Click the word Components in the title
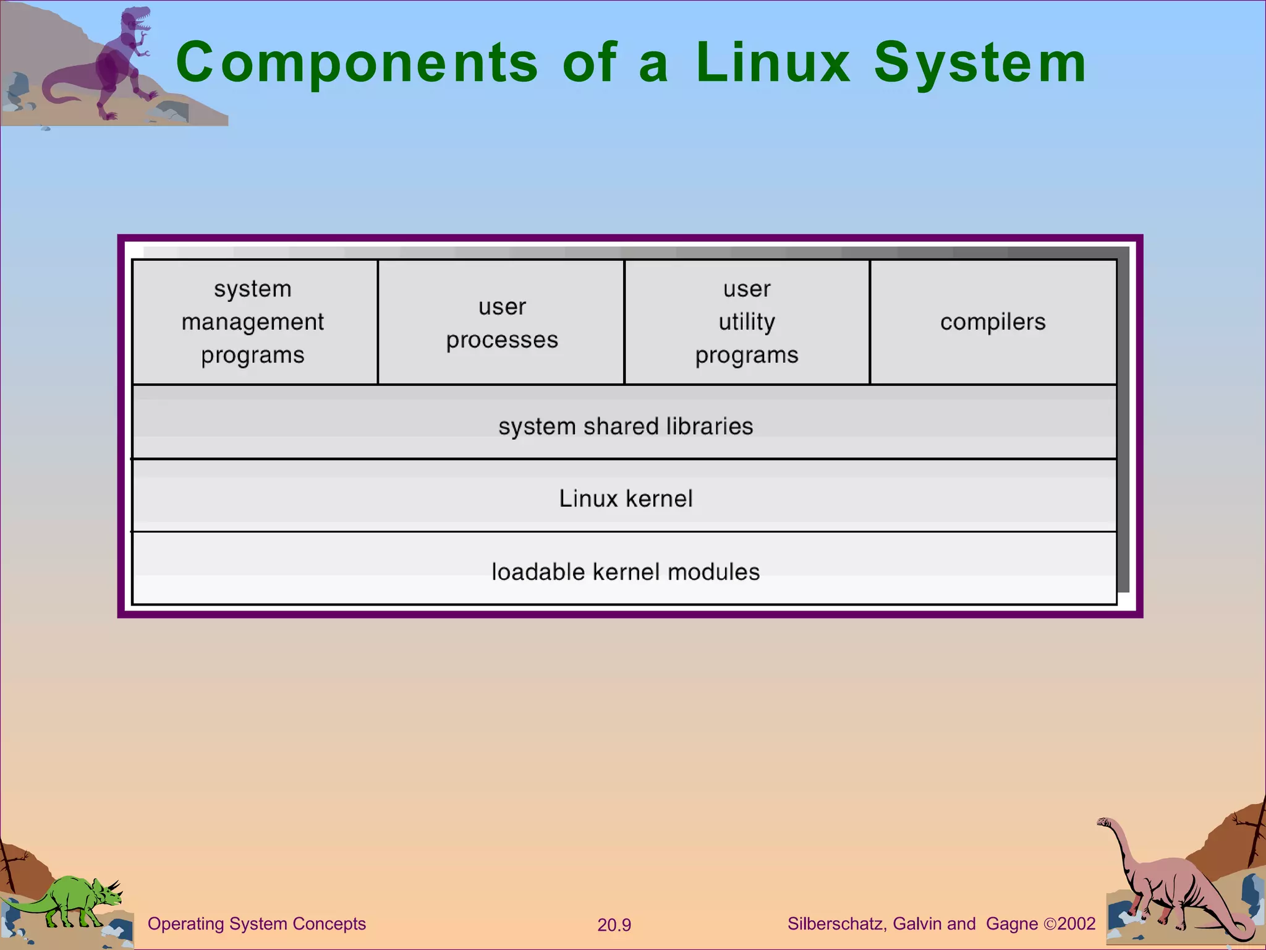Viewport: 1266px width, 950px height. tap(357, 62)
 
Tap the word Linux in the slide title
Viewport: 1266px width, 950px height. tap(773, 62)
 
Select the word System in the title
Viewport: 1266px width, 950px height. tap(979, 62)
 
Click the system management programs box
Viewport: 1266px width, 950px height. tap(254, 322)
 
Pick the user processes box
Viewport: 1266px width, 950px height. tap(501, 322)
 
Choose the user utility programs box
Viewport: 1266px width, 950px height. tap(747, 322)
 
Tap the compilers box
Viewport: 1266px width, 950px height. tap(993, 322)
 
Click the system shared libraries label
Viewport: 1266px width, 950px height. tap(626, 426)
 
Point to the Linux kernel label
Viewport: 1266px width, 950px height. tap(626, 499)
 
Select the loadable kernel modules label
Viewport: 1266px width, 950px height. tap(626, 571)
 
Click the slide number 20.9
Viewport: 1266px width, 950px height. tap(614, 925)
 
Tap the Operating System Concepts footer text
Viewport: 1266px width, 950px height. tap(257, 923)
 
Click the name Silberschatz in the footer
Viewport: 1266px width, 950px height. tap(836, 923)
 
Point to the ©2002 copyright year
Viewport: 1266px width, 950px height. tap(1070, 923)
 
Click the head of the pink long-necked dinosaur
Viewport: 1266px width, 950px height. tap(1105, 823)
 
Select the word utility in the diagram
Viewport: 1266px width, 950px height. tap(747, 322)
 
